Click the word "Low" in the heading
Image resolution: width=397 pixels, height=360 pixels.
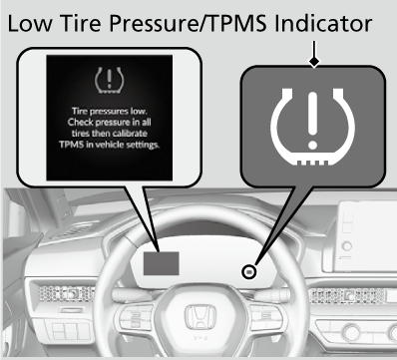pos(30,23)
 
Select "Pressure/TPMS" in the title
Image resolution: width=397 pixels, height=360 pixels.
pos(189,23)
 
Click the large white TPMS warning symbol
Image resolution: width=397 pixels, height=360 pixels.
pos(312,127)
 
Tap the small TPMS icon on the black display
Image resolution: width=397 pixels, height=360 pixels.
pos(109,80)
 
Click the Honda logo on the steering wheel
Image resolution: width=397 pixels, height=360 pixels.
pos(200,317)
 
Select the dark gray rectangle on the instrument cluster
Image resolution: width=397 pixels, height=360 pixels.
pos(162,263)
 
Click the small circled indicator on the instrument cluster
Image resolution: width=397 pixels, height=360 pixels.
pos(249,272)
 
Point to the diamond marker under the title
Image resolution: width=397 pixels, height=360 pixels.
pos(314,61)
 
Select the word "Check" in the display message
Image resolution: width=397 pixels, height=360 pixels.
pos(80,122)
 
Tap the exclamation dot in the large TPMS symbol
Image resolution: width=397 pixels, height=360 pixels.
pos(312,145)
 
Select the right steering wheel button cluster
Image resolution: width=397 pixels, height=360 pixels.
pos(266,317)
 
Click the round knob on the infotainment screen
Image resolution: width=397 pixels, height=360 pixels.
pos(347,246)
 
